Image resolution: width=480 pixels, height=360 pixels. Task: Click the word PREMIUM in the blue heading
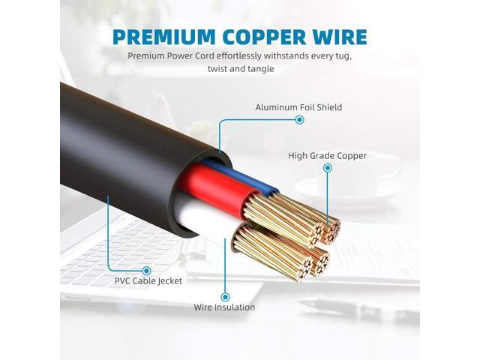pyautogui.click(x=164, y=37)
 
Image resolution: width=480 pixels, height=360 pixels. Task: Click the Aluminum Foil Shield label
pyautogui.click(x=298, y=107)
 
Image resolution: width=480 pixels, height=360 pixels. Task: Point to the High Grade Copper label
pyautogui.click(x=327, y=155)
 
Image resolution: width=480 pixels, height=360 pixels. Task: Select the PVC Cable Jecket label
pyautogui.click(x=148, y=280)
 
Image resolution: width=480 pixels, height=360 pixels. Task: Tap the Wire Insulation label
pyautogui.click(x=224, y=307)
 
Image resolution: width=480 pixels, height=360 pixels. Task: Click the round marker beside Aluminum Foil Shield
pyautogui.click(x=299, y=120)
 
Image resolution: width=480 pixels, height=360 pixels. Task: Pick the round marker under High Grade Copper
pyautogui.click(x=328, y=168)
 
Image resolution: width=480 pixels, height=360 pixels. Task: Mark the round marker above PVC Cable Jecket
pyautogui.click(x=147, y=271)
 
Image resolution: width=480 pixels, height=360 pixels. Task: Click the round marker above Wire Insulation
pyautogui.click(x=225, y=297)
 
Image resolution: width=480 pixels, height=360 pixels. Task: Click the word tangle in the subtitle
pyautogui.click(x=261, y=69)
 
